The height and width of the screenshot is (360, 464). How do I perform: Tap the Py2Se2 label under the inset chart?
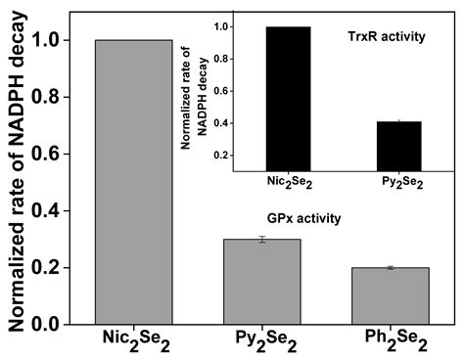pyautogui.click(x=398, y=182)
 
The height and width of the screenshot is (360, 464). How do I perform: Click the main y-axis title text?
pyautogui.click(x=17, y=181)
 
